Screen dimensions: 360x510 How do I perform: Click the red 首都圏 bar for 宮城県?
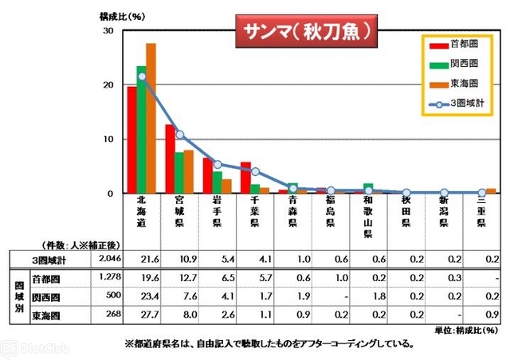point(170,158)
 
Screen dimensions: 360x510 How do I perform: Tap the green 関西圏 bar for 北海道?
point(141,129)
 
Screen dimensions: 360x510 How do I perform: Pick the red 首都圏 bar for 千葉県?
point(246,178)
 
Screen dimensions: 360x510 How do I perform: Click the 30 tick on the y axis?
point(109,30)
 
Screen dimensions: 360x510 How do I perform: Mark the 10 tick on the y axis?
point(109,139)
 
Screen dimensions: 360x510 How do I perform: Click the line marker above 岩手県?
point(217,164)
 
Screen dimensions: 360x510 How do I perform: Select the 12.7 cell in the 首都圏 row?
point(180,279)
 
